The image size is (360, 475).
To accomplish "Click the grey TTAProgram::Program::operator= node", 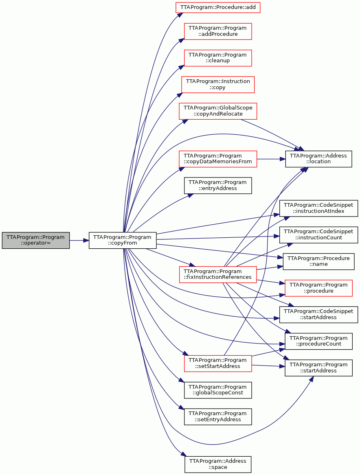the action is (x=36, y=240).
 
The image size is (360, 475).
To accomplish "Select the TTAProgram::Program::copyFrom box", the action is (x=123, y=240).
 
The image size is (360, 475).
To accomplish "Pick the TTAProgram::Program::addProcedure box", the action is (x=218, y=31).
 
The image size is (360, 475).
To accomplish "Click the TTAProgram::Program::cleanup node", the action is (x=218, y=58).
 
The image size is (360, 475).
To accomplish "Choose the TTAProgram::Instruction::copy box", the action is (x=218, y=85).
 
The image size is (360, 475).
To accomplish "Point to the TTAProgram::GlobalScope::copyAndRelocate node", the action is (x=218, y=111).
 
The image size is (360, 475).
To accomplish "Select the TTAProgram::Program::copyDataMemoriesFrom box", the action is (x=218, y=159).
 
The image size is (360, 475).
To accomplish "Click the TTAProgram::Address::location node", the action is (x=318, y=159).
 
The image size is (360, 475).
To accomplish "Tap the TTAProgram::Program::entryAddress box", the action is (x=218, y=185).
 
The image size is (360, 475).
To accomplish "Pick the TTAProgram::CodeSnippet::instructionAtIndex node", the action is (x=318, y=208).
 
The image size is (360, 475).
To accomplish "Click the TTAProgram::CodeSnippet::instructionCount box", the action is (x=318, y=235).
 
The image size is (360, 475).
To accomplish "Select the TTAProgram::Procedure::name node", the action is (x=318, y=261).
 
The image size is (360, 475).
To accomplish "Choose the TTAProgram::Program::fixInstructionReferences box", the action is (x=218, y=274).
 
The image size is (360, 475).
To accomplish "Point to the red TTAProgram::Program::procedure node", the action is (x=318, y=288).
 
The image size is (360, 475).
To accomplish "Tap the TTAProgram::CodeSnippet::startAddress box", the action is (x=318, y=315).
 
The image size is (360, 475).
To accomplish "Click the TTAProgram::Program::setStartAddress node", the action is (x=218, y=363).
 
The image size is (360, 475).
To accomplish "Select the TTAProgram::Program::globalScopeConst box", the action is (x=218, y=390).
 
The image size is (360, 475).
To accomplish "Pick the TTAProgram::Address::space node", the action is (x=218, y=464).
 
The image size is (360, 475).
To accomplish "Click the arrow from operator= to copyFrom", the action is (x=79, y=240).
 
